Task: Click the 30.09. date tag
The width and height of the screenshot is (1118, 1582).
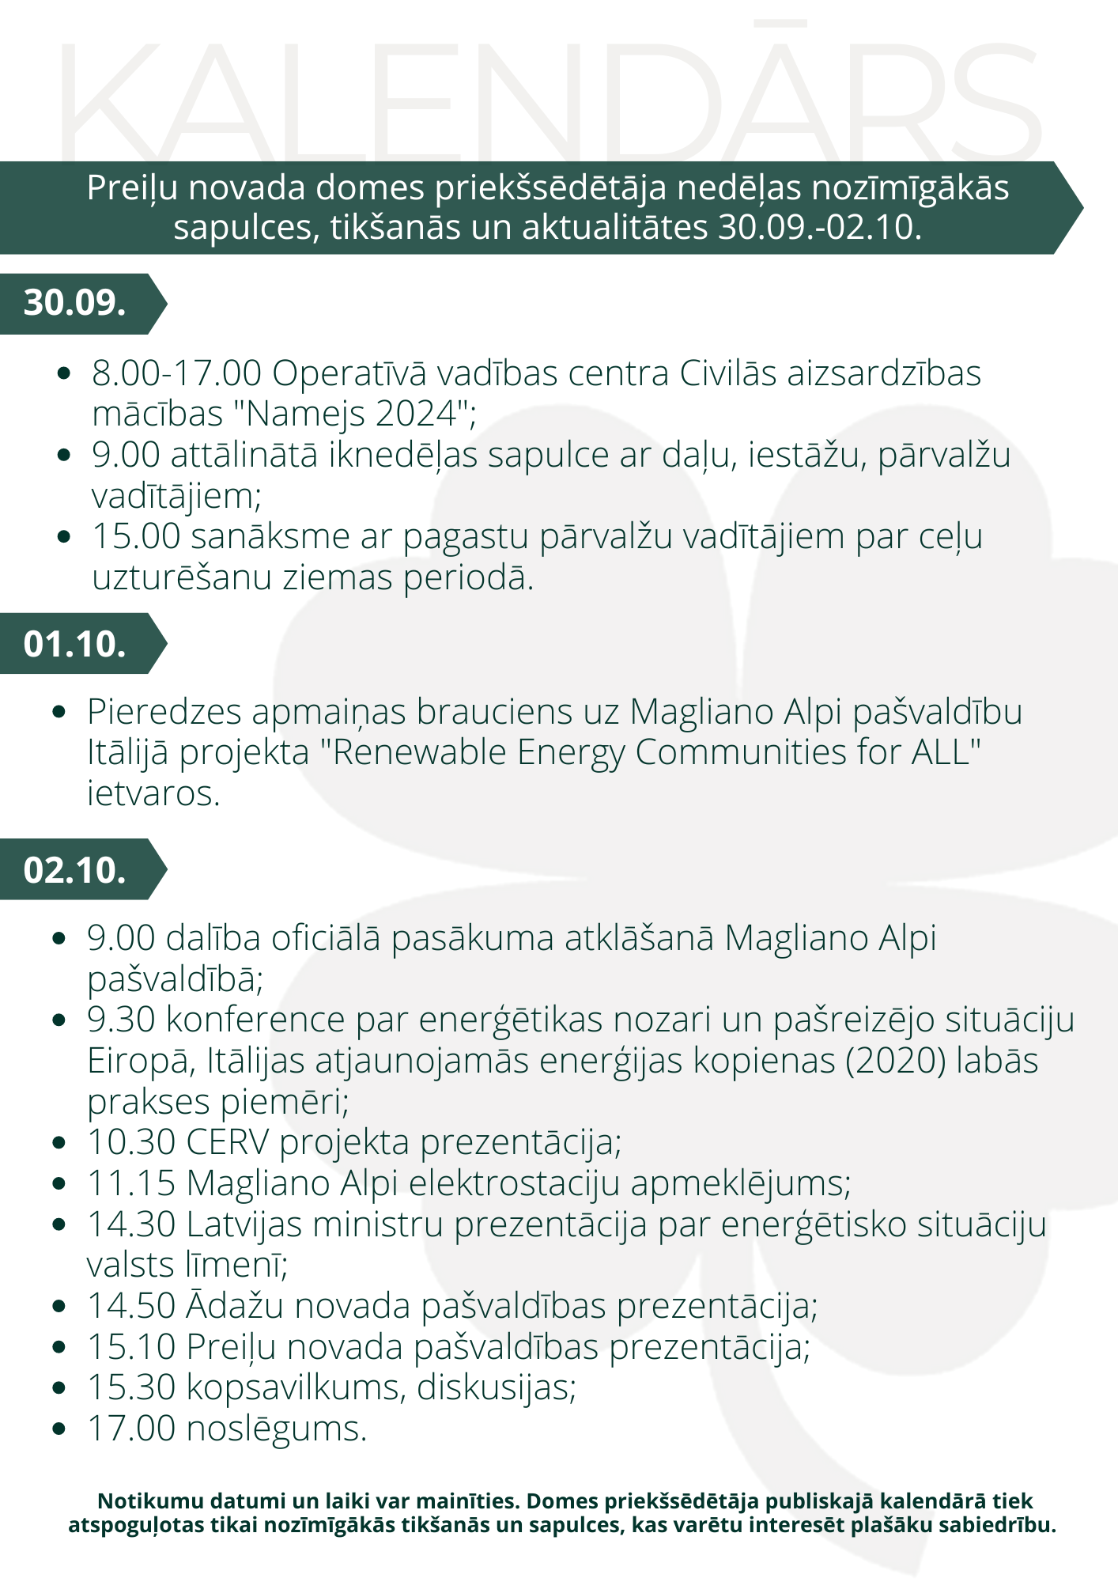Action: (75, 303)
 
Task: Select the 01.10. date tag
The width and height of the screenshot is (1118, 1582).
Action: (75, 644)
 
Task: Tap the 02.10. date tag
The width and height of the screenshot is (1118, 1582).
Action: (75, 869)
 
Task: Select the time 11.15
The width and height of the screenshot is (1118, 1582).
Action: (131, 1183)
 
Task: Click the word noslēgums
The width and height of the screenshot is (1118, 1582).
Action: (277, 1428)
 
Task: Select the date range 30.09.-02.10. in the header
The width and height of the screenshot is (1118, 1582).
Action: (820, 228)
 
